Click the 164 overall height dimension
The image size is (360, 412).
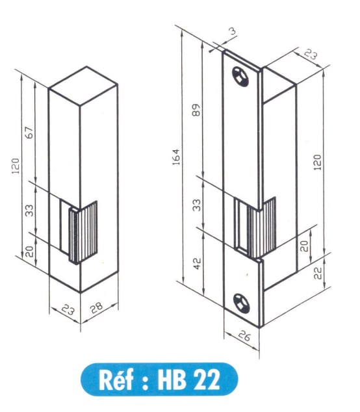pos(176,156)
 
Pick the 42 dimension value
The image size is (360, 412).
pos(197,263)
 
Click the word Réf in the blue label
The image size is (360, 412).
pos(114,380)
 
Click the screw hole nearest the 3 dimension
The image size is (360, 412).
pos(242,76)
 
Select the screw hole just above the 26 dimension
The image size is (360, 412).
pos(242,303)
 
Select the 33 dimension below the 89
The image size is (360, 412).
pos(197,205)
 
